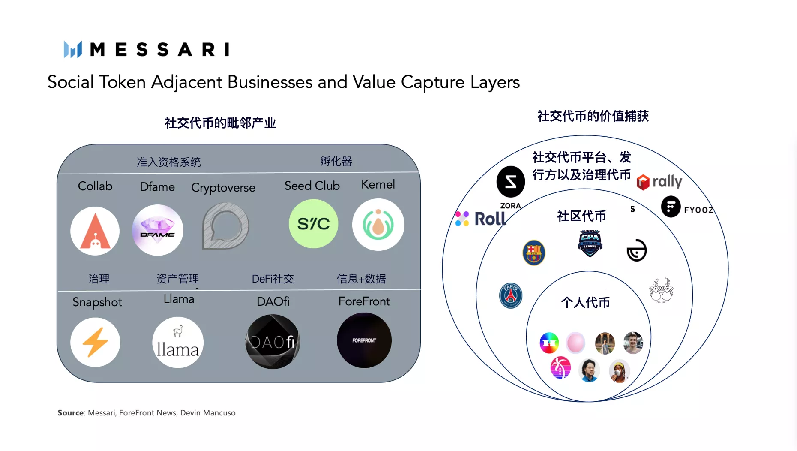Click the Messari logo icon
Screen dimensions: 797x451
72,49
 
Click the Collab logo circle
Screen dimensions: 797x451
95,231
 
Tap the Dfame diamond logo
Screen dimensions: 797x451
158,230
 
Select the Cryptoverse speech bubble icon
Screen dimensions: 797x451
225,226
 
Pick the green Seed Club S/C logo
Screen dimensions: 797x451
313,224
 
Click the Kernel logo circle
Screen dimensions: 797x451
378,225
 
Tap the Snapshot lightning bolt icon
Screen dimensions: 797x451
95,342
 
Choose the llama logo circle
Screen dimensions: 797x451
178,342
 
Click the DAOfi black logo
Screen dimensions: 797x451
273,342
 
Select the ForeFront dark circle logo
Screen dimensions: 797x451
364,340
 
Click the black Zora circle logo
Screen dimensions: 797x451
511,181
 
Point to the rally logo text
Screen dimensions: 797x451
667,181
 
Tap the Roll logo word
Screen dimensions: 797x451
490,219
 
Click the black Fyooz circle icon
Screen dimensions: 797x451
671,207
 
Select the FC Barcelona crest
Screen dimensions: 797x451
534,253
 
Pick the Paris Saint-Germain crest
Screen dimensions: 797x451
511,295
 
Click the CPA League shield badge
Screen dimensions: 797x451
590,243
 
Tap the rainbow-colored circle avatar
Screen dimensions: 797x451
549,343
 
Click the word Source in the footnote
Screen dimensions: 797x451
71,413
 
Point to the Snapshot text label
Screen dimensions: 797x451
97,302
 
